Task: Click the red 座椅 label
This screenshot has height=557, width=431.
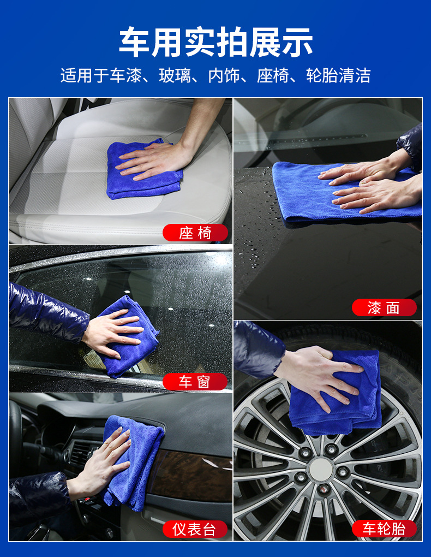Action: (x=195, y=233)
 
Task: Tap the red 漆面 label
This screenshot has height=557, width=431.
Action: (x=384, y=307)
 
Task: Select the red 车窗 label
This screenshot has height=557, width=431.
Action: (x=195, y=382)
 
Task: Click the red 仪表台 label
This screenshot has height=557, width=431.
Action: (x=195, y=529)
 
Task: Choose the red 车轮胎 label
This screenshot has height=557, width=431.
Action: (x=384, y=529)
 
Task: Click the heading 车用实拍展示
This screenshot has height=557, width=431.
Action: (x=215, y=42)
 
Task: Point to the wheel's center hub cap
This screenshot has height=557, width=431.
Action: (x=321, y=469)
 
